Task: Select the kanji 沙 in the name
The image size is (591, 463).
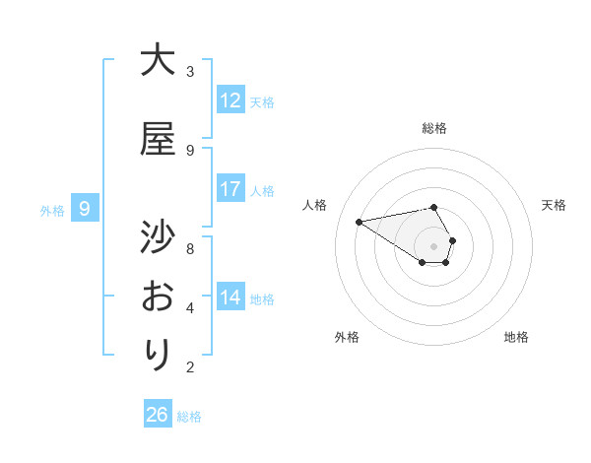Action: point(158,237)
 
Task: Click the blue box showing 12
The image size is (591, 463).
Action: point(230,100)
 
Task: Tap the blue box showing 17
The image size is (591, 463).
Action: point(230,189)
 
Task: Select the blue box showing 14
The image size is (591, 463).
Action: point(230,298)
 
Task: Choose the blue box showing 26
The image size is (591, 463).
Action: point(157,415)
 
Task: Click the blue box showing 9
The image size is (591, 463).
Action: point(85,209)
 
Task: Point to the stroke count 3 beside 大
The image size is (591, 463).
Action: point(190,72)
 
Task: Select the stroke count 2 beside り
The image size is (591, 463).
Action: point(190,367)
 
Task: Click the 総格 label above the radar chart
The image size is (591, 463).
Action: point(434,128)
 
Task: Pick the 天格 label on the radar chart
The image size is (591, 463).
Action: point(554,205)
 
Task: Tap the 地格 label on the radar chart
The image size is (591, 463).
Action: point(516,337)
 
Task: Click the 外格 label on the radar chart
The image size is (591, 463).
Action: point(347,337)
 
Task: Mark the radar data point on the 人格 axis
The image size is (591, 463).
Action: point(359,221)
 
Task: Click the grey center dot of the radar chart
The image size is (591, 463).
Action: point(434,245)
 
